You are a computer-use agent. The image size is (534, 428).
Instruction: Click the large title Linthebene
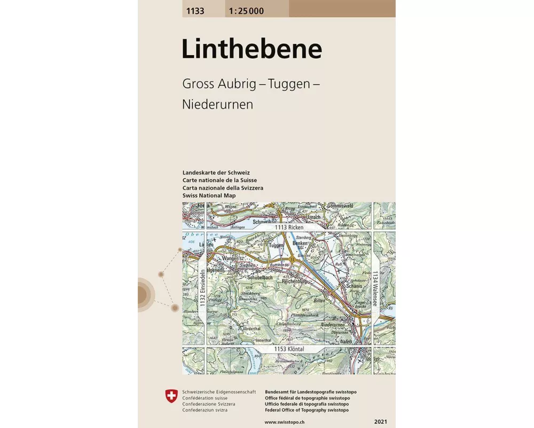252,50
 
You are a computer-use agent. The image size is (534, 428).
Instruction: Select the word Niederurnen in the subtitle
217,104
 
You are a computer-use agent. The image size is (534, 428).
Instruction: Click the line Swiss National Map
209,196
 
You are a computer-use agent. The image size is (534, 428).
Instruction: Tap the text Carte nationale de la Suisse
219,180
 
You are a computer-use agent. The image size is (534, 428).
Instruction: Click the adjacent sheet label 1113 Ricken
289,227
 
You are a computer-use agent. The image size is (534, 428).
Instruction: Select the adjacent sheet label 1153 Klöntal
289,349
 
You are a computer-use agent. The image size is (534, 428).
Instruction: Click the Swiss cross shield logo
171,396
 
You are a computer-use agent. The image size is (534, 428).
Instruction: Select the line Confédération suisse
205,398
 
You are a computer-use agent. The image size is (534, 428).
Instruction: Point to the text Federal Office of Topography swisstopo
307,410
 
